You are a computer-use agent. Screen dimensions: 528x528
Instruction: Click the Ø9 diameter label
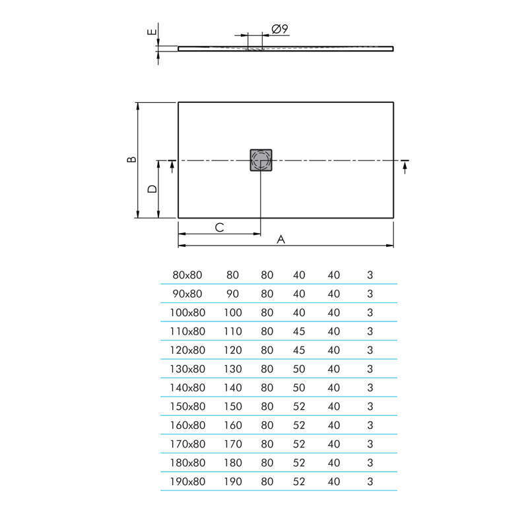[x=279, y=28]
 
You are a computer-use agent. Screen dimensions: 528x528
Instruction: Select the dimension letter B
[x=131, y=160]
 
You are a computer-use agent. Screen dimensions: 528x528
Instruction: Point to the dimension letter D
[x=152, y=189]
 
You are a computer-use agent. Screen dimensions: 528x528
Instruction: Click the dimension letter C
[x=220, y=227]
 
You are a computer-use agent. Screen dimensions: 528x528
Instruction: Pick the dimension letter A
[x=280, y=240]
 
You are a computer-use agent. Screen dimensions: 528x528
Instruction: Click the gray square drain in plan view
[x=261, y=160]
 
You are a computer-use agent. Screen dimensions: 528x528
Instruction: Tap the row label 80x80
[x=187, y=275]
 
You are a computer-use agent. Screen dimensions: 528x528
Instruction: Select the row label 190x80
[x=188, y=482]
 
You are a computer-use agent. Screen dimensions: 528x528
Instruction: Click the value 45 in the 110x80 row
[x=299, y=331]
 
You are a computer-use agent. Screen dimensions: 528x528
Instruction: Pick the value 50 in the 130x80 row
[x=299, y=369]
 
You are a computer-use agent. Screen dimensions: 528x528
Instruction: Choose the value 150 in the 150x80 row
[x=233, y=407]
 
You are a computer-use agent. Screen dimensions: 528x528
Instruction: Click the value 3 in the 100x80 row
[x=370, y=312]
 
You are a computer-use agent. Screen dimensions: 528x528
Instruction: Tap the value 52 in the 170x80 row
[x=299, y=444]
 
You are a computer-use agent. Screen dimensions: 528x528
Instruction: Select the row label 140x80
[x=188, y=387]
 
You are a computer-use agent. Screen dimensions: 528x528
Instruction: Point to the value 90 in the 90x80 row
[x=232, y=294]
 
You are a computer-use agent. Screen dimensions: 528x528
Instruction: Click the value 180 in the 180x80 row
[x=233, y=463]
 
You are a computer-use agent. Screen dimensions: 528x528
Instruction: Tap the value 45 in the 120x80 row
[x=299, y=350]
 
